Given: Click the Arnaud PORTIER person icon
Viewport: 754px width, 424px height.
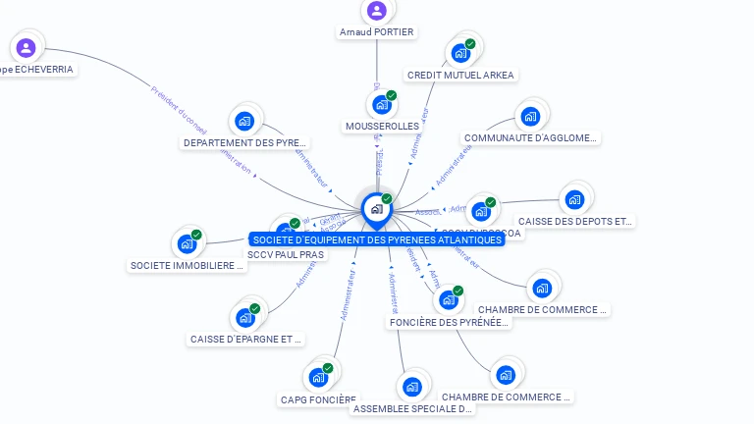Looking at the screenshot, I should click(x=376, y=11).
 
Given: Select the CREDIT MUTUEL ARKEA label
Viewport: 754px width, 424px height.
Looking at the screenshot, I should click(x=459, y=75).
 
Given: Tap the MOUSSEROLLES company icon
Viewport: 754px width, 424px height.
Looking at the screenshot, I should click(x=381, y=104).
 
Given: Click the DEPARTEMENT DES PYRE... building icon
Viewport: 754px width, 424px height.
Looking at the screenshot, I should click(x=244, y=122).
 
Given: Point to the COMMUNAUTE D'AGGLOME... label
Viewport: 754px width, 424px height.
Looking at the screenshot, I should click(x=530, y=138).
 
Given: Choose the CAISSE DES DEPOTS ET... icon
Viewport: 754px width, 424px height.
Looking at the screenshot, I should click(x=573, y=200).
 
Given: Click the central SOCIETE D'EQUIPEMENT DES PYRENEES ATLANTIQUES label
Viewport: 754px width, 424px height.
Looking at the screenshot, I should click(x=376, y=239).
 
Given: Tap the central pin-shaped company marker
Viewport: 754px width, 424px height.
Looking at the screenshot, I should click(x=376, y=208).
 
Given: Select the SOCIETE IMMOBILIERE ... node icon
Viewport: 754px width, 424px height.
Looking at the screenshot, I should click(x=186, y=244).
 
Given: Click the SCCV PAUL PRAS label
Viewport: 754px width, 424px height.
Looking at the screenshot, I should click(x=286, y=254).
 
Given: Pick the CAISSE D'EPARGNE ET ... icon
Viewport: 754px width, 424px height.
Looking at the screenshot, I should click(x=244, y=318).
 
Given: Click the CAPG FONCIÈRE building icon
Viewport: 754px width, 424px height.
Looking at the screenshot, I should click(x=317, y=378).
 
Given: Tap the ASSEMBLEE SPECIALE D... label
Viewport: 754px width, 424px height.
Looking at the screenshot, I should click(x=412, y=408).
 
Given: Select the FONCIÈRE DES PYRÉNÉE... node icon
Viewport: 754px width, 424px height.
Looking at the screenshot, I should click(x=448, y=299).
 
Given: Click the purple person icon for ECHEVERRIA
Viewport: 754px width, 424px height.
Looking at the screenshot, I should click(x=26, y=47).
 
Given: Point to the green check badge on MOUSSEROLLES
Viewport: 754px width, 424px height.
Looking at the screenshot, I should click(x=392, y=95).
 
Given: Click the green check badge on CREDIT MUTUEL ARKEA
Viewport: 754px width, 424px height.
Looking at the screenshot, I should click(x=470, y=44).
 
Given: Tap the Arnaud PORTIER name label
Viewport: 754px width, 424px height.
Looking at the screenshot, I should click(x=376, y=31).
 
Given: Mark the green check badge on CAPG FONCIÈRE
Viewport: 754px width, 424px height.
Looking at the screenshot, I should click(x=328, y=368).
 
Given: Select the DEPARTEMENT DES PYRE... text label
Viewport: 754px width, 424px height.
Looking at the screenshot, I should click(x=244, y=143).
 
